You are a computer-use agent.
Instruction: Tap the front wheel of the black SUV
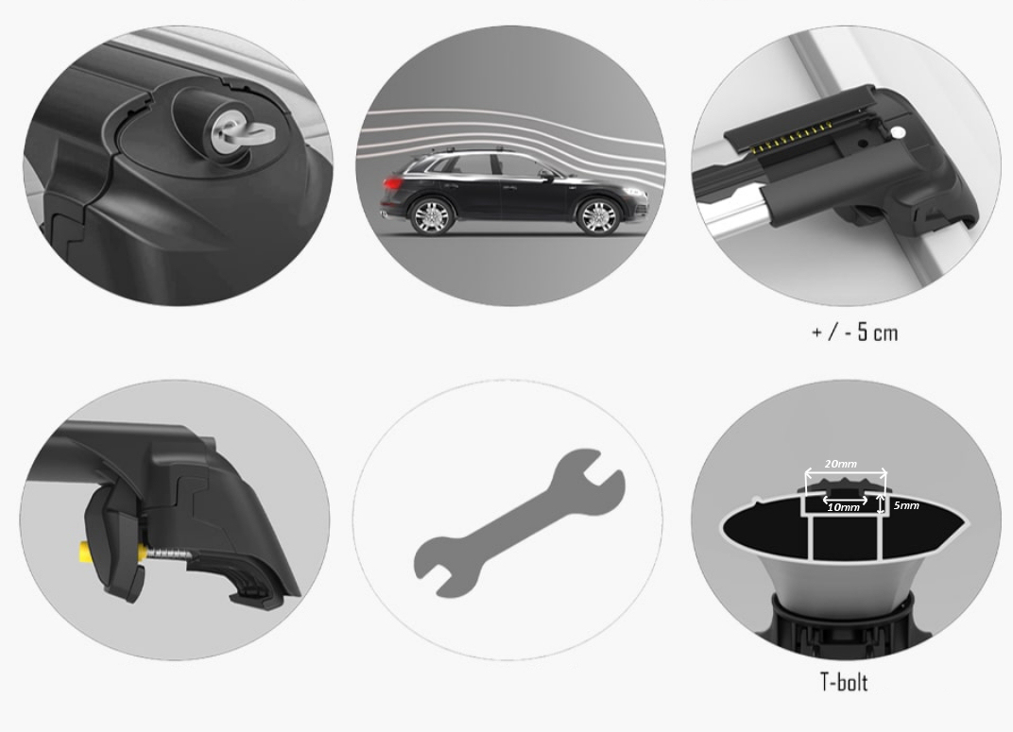click(x=598, y=215)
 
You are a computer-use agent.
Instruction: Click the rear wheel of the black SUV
click(x=432, y=215)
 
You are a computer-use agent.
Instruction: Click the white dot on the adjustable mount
click(x=897, y=133)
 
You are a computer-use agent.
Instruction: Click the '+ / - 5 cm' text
click(x=854, y=332)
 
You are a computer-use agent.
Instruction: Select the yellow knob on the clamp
click(x=87, y=552)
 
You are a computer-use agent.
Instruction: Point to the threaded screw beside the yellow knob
click(x=169, y=553)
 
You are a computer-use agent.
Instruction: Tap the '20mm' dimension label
click(x=840, y=464)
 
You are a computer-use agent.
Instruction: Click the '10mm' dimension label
click(x=843, y=507)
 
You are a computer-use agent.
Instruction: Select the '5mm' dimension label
click(x=906, y=505)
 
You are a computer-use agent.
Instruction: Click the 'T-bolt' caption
click(x=844, y=682)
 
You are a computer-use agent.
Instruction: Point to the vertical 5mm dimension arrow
click(x=879, y=504)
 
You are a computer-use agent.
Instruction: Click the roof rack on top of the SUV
click(x=472, y=150)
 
